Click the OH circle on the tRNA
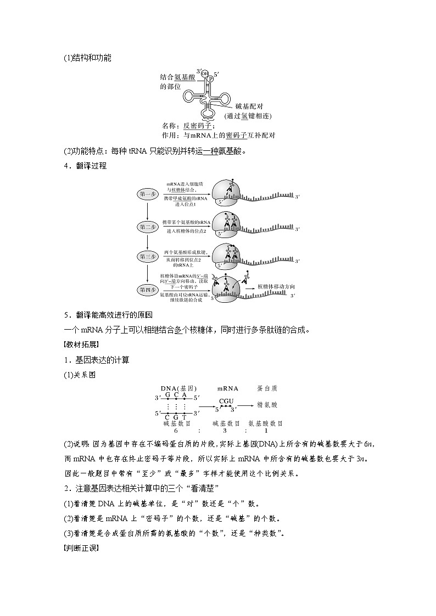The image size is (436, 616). click(x=205, y=73)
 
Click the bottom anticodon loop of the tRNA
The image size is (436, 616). click(x=208, y=114)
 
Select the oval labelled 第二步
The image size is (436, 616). click(x=148, y=225)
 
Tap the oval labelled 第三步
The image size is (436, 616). click(x=148, y=256)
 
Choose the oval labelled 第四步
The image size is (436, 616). click(x=148, y=289)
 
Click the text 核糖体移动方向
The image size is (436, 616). click(x=276, y=286)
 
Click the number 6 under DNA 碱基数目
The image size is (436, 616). click(x=176, y=431)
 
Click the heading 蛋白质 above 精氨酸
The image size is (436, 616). click(x=267, y=388)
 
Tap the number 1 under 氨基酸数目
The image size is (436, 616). click(x=266, y=431)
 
